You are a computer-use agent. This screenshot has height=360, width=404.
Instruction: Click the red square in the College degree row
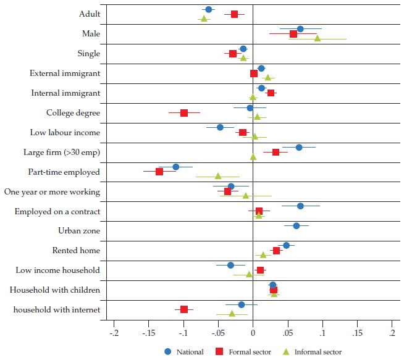(x=184, y=113)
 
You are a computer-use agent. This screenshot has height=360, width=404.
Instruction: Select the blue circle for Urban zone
(x=297, y=226)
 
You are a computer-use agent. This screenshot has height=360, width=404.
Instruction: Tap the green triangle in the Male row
(x=318, y=38)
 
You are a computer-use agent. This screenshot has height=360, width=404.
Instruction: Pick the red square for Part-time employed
(x=159, y=172)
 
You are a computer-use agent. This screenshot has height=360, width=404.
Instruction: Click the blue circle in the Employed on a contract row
(x=300, y=206)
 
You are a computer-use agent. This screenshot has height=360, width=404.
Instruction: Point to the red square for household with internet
(x=184, y=309)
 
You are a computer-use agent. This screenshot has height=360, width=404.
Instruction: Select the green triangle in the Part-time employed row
(x=217, y=176)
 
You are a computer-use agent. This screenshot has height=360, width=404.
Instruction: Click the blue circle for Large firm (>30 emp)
(x=299, y=148)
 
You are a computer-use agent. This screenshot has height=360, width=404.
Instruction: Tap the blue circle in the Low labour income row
(x=220, y=127)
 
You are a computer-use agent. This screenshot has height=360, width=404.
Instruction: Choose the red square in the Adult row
(x=234, y=14)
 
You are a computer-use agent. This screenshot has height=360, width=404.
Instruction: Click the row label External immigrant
(x=65, y=73)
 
